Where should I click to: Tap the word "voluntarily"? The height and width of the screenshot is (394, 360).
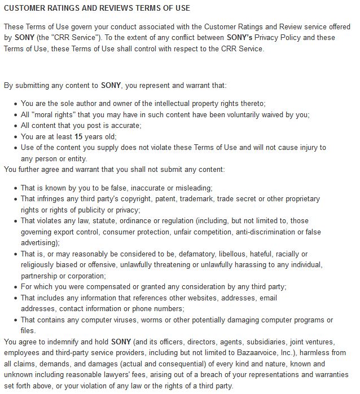click(230, 114)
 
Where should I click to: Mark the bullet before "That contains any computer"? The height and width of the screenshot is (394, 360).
click(15, 320)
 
